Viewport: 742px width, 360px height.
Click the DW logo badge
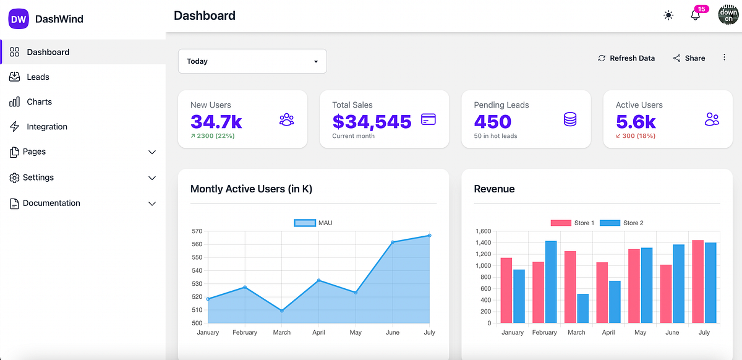pos(19,19)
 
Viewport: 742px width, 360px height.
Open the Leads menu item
pos(38,77)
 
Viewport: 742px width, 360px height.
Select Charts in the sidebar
pos(39,102)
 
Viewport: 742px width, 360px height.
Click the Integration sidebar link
pos(46,127)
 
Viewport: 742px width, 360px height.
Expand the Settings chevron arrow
pos(152,178)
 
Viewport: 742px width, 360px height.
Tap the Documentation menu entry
pos(51,204)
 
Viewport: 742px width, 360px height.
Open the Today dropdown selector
pos(252,61)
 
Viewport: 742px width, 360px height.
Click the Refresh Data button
pos(626,58)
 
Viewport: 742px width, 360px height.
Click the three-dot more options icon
pos(724,58)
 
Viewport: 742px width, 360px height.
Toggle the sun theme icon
pos(668,15)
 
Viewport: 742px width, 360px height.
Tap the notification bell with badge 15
pos(695,15)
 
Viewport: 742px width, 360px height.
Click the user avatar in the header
pos(728,15)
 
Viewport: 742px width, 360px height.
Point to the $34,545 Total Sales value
pos(372,121)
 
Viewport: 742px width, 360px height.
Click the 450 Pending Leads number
pos(493,121)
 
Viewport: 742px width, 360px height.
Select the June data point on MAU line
pos(393,242)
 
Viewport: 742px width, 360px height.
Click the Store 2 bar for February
pos(551,281)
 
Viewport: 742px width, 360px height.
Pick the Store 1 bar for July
pos(698,281)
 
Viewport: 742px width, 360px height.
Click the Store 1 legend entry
pos(573,223)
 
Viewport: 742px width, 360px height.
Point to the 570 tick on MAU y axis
pos(197,231)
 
